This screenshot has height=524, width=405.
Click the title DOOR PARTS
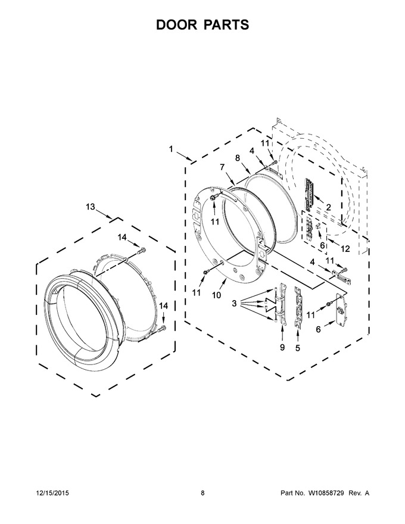202,25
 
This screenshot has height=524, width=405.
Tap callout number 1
171,149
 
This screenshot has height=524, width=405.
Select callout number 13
90,207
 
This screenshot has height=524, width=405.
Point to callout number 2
328,207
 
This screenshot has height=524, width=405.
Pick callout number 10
217,295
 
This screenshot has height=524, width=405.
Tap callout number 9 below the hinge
282,348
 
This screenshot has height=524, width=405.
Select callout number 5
297,348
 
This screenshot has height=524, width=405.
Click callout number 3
234,304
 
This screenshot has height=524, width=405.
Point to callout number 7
222,167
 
